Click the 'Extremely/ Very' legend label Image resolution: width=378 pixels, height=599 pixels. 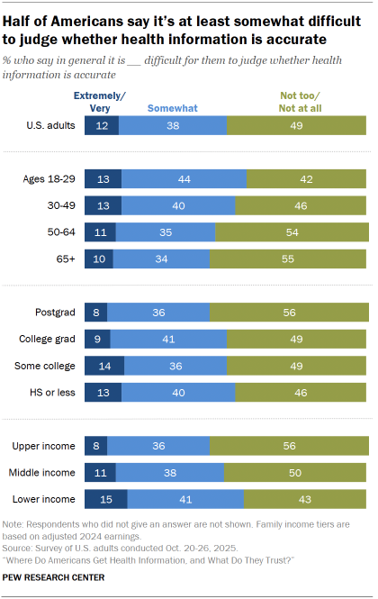(x=101, y=101)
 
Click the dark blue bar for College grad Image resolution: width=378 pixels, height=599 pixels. (x=97, y=340)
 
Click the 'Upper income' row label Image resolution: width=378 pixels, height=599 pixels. (x=49, y=446)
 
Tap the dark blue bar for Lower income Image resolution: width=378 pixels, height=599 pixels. (x=105, y=498)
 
